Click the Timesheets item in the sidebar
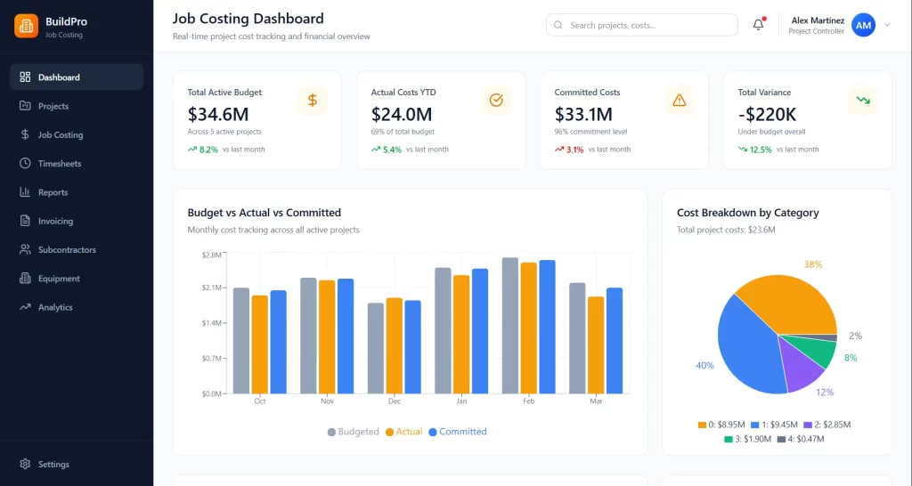(x=59, y=164)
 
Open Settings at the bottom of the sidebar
(x=53, y=464)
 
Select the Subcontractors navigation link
(x=66, y=250)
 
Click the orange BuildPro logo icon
(x=26, y=26)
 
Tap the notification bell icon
(x=758, y=25)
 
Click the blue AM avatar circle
(x=863, y=26)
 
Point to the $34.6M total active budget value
(x=218, y=114)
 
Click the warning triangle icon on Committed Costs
(x=680, y=101)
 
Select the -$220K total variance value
(x=767, y=114)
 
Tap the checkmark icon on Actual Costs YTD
(x=496, y=101)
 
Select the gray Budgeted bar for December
(x=376, y=348)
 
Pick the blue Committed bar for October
(x=278, y=342)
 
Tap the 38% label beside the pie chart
(x=812, y=264)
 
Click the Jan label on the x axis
(x=461, y=401)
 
